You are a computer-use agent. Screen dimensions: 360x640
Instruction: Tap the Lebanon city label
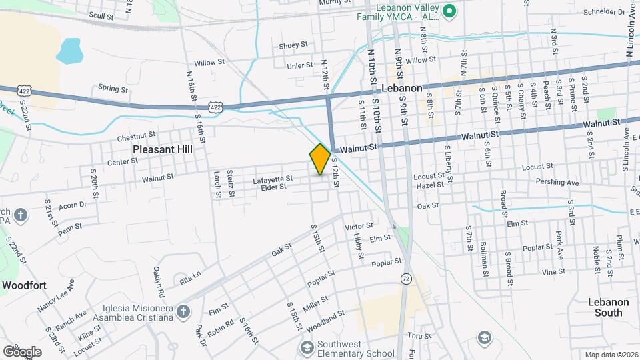[x=402, y=88]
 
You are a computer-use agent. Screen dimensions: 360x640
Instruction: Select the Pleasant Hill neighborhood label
[x=162, y=150]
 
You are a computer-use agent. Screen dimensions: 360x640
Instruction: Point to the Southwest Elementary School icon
[x=307, y=347]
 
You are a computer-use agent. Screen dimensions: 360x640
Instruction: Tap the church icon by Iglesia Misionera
[x=183, y=311]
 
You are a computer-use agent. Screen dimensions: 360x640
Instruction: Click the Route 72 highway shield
[x=405, y=277]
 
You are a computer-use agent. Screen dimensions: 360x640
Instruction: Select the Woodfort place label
[x=23, y=285]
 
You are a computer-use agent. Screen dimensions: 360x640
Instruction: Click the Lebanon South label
[x=609, y=307]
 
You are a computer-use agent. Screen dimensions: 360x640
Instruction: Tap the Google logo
[x=22, y=351]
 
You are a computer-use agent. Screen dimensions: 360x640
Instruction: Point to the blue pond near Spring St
[x=69, y=51]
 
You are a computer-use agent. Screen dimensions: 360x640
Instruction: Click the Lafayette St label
[x=273, y=179]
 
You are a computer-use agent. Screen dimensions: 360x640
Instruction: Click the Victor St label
[x=359, y=227]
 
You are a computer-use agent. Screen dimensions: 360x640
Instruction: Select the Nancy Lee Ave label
[x=57, y=296]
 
